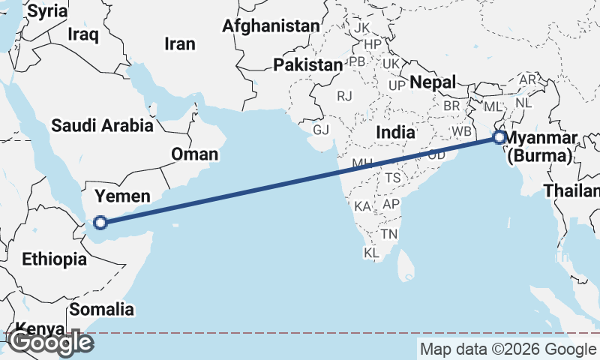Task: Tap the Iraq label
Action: coord(82,34)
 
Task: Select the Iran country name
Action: coord(180,43)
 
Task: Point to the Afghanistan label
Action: coord(271,26)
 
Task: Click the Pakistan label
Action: coord(307,65)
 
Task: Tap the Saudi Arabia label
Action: coord(102,125)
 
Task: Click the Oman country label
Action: coord(195,154)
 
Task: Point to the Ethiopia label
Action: coord(54,259)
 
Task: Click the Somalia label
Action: coord(102,309)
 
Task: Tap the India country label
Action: coord(395,132)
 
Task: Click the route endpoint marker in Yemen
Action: coord(100,222)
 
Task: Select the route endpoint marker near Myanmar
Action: coord(499,138)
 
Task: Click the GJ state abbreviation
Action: coord(321,130)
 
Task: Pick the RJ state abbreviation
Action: coord(344,96)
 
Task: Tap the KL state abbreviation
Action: coord(371,253)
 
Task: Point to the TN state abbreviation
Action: coord(388,234)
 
